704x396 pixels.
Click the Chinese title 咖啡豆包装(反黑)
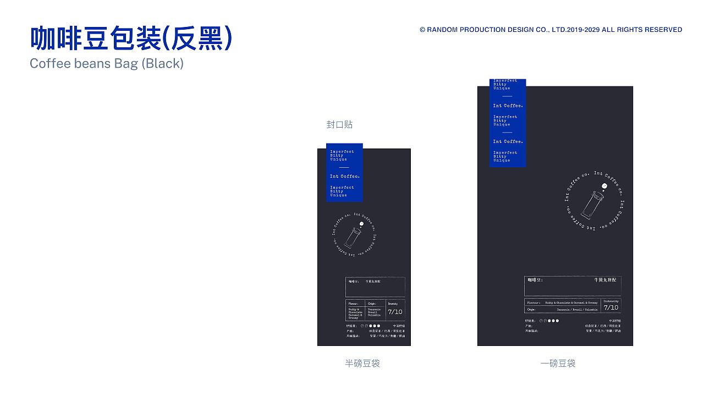(x=131, y=38)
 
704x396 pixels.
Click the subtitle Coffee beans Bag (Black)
(x=107, y=63)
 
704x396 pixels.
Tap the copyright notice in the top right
(x=551, y=30)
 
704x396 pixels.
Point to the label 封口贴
(x=339, y=125)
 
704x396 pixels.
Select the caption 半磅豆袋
(x=362, y=363)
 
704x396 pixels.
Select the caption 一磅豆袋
(x=558, y=363)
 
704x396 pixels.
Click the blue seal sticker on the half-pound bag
(x=344, y=173)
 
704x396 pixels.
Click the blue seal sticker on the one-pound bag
(x=508, y=123)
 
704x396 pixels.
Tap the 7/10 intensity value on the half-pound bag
(x=395, y=312)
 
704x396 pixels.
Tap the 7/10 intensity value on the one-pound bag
(x=610, y=307)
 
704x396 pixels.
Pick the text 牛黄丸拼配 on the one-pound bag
(x=606, y=280)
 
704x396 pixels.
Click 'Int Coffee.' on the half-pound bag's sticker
(x=344, y=177)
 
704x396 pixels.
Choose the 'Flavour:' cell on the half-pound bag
(x=353, y=304)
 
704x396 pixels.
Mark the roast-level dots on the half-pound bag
(x=371, y=326)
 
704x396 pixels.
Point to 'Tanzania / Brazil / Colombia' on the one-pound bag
(x=577, y=310)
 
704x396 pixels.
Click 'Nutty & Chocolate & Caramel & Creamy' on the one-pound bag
(x=570, y=302)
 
